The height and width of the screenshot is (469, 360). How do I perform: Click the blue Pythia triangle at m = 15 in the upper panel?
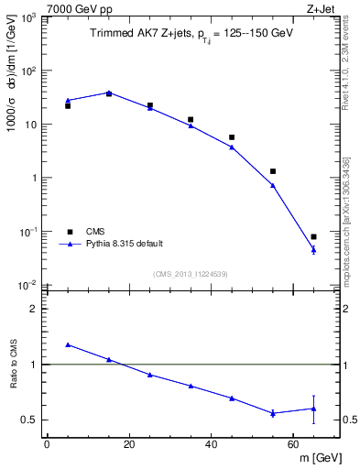click(109, 93)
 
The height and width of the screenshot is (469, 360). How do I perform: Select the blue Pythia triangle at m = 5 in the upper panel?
click(68, 101)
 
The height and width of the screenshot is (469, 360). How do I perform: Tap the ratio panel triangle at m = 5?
click(68, 344)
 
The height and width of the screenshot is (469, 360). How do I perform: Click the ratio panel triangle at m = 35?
click(191, 386)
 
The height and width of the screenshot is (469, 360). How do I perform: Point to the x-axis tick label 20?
click(128, 444)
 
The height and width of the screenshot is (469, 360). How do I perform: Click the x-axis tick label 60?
click(292, 444)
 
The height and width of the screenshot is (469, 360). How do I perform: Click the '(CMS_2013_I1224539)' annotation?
click(191, 273)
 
